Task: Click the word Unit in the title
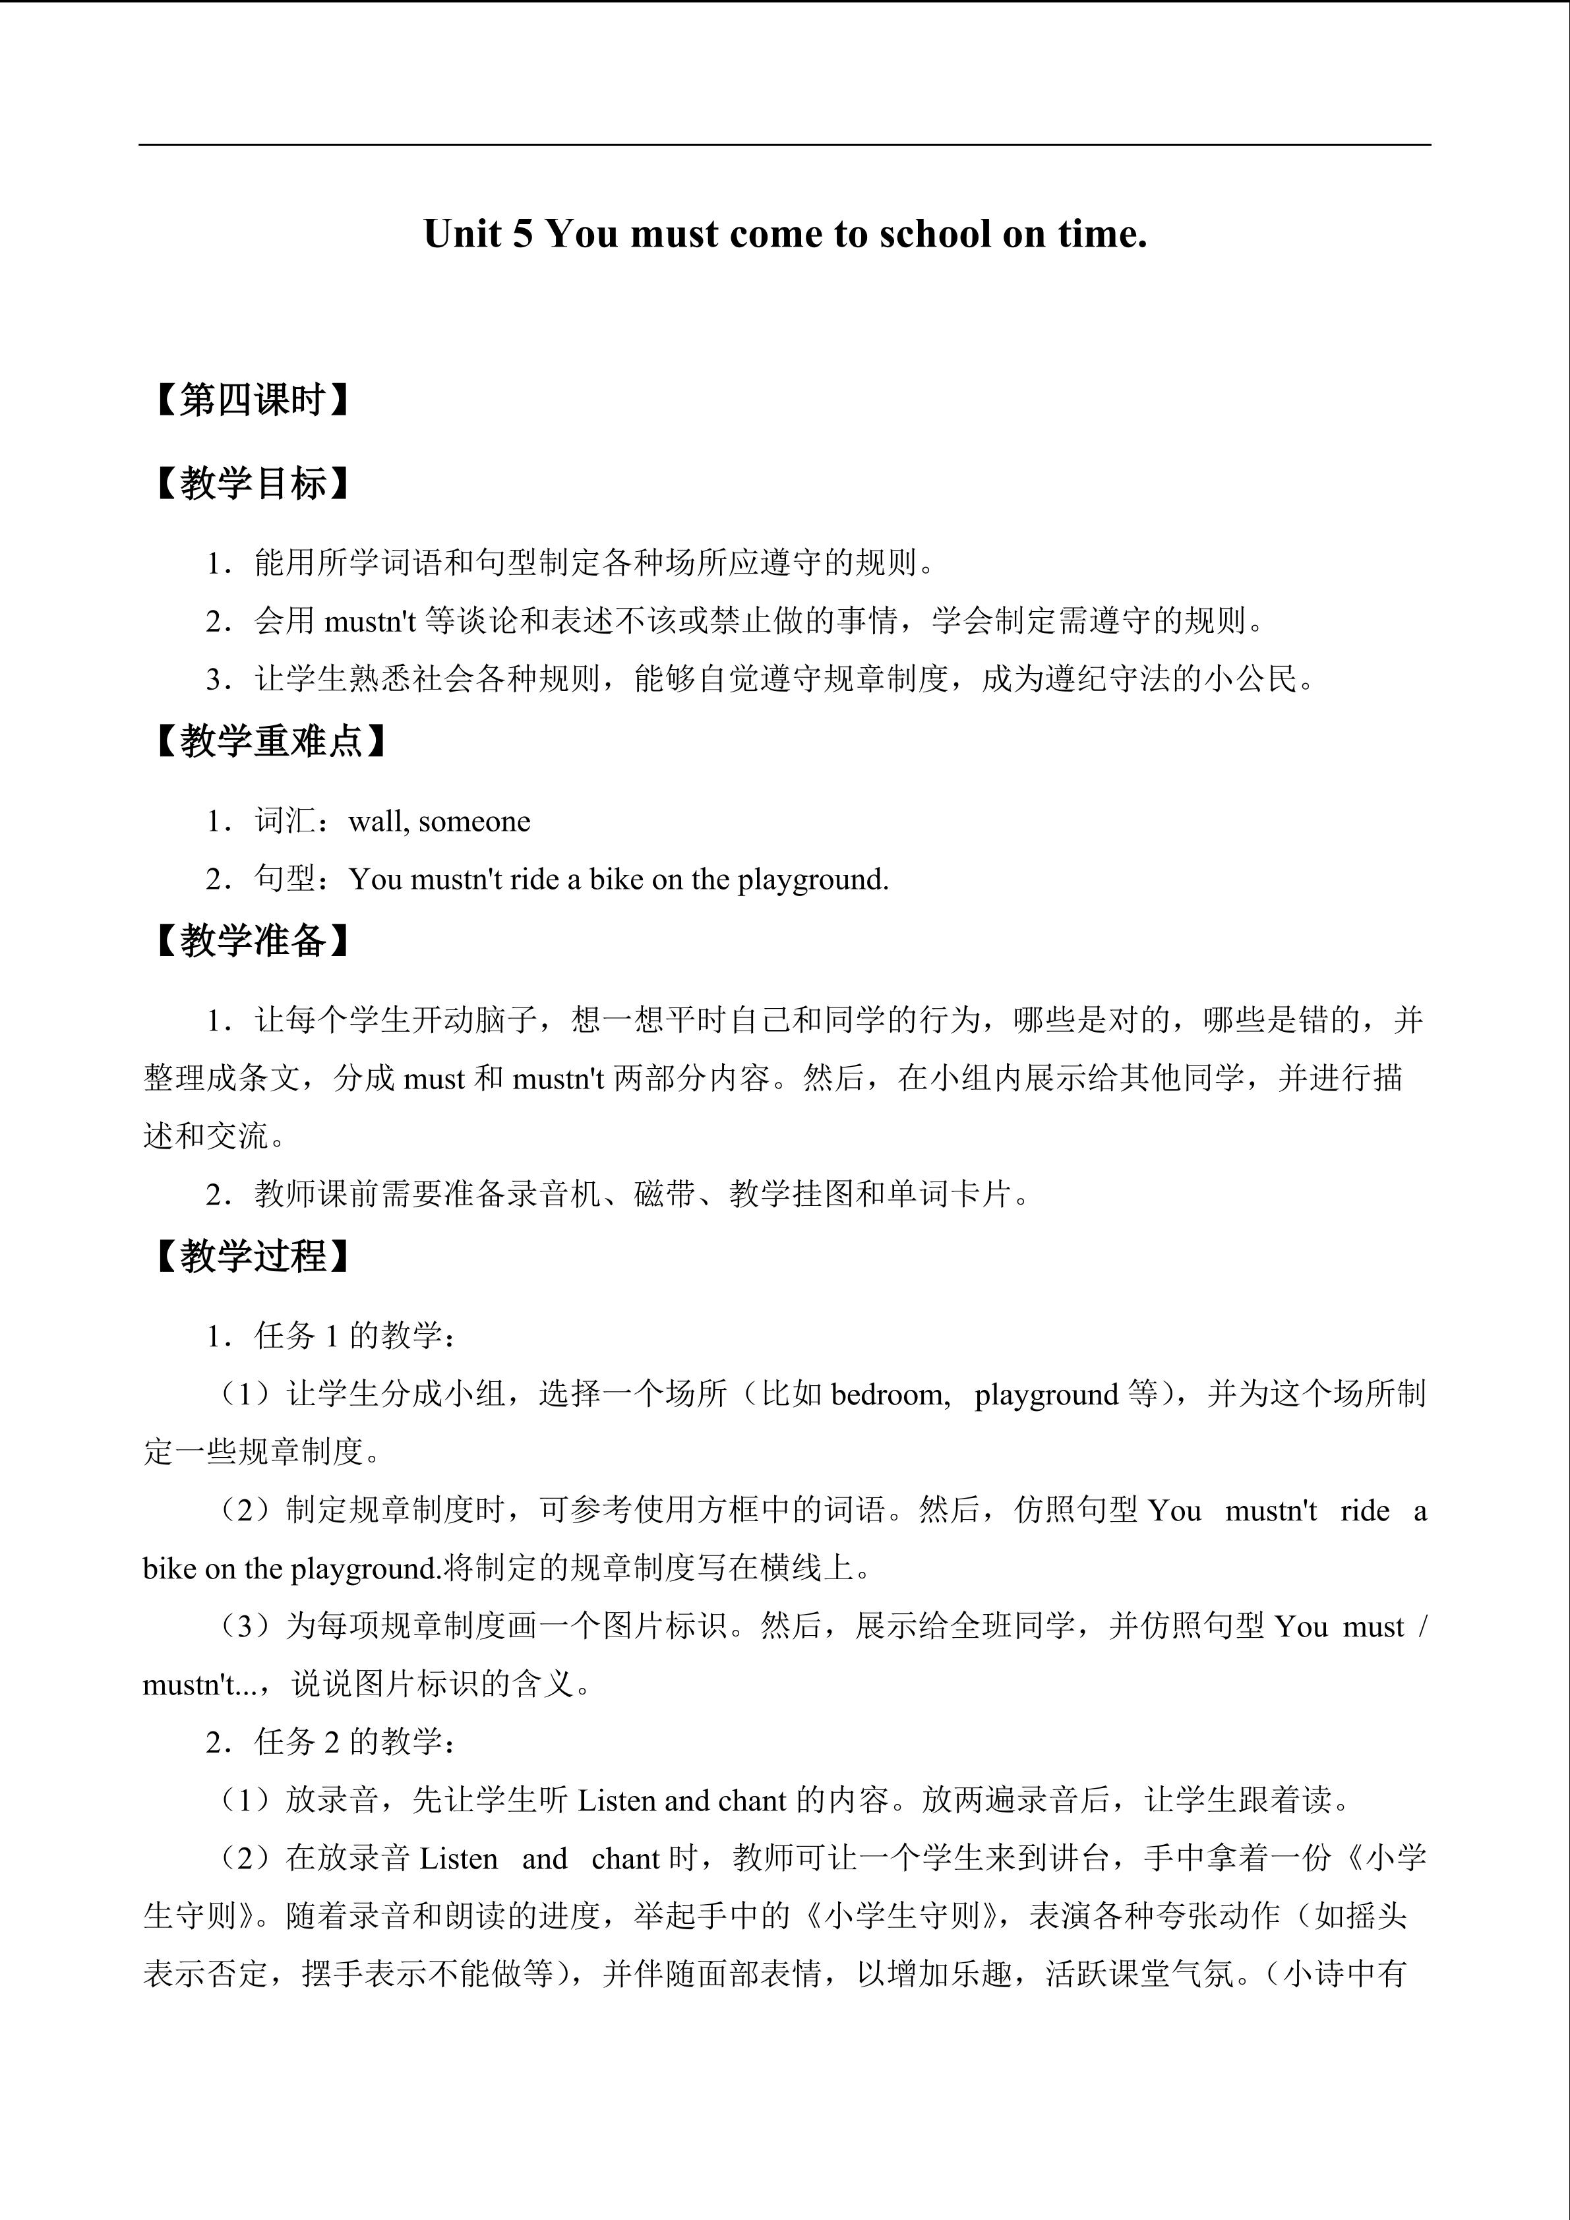pos(463,234)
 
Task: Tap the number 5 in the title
pos(523,234)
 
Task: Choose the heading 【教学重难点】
pos(270,742)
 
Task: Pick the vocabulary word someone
pos(475,822)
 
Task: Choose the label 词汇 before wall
pos(286,822)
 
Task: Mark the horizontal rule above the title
pos(784,145)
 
